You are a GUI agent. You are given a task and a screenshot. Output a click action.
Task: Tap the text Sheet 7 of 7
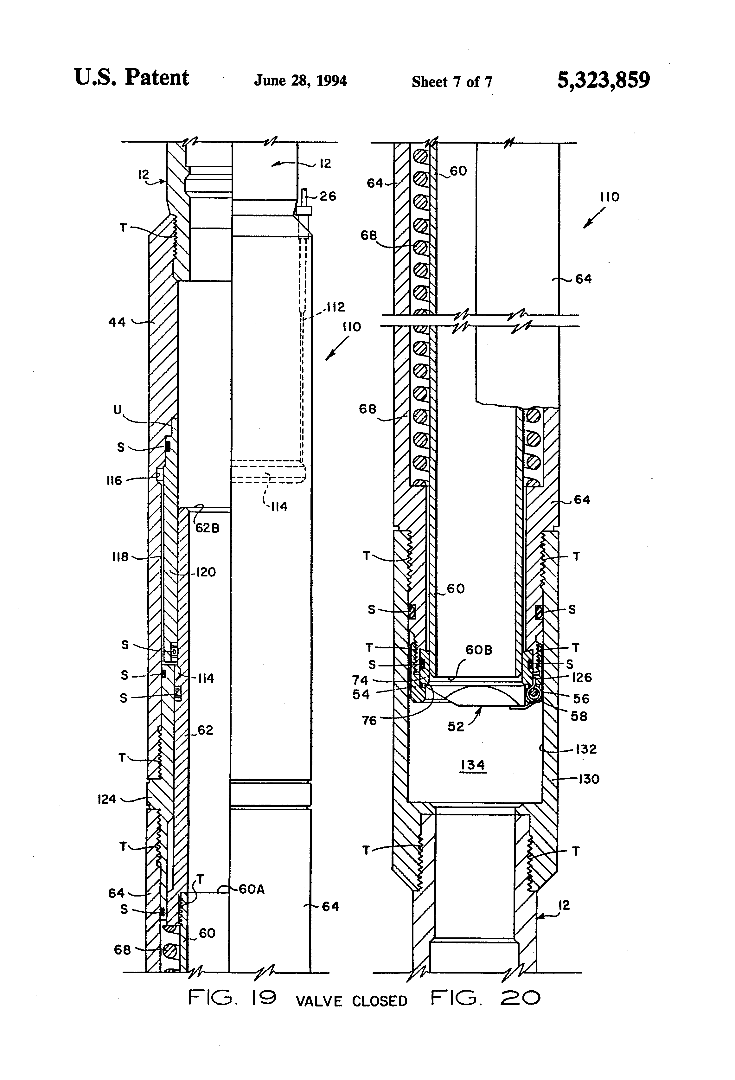451,82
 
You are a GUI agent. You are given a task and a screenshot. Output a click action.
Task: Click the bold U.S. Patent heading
131,78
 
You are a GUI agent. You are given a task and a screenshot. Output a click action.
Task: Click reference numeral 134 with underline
473,765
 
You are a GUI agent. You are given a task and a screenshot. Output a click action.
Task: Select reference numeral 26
328,196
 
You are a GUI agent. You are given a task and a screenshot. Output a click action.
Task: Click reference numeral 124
106,799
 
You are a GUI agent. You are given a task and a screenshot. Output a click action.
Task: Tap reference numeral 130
589,779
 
